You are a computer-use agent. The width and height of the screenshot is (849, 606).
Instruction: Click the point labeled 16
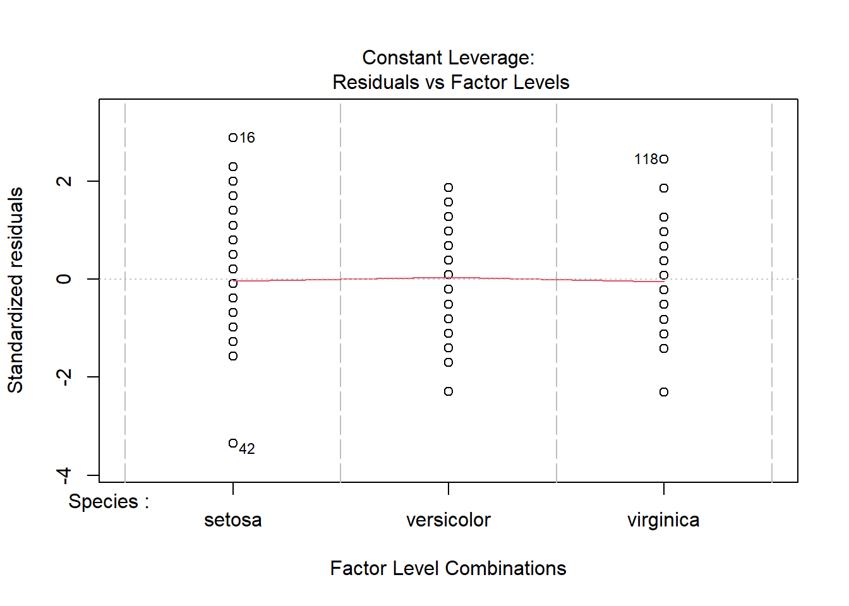(233, 138)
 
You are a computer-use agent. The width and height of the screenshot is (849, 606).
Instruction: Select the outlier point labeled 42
(233, 443)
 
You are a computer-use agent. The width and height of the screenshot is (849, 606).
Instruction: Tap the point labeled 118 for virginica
(664, 159)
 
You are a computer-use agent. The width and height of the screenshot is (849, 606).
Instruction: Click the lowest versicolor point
(449, 391)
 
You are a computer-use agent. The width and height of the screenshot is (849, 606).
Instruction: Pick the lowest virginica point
(664, 392)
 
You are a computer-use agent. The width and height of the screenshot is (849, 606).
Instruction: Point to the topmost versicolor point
(449, 187)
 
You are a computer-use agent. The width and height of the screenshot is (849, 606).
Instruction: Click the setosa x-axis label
(233, 520)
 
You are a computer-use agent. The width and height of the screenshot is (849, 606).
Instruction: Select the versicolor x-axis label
(449, 520)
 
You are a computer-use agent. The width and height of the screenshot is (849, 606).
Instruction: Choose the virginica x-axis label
(663, 520)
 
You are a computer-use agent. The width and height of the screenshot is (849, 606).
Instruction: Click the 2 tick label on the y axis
(64, 181)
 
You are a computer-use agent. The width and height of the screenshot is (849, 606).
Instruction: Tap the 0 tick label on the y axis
(64, 279)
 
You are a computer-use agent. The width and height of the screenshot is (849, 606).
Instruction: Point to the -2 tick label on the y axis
(64, 377)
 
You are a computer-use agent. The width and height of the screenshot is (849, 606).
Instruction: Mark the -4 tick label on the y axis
(64, 475)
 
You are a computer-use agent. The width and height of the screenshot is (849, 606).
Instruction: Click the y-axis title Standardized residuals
(16, 290)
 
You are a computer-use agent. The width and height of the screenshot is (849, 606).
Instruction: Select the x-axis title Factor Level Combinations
(448, 568)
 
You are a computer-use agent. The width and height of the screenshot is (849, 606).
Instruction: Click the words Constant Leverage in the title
(448, 58)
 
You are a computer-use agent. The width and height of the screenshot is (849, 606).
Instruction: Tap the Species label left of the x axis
(109, 502)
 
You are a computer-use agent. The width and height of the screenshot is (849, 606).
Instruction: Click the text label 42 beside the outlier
(247, 449)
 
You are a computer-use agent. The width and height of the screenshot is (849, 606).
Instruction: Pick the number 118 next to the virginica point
(646, 160)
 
